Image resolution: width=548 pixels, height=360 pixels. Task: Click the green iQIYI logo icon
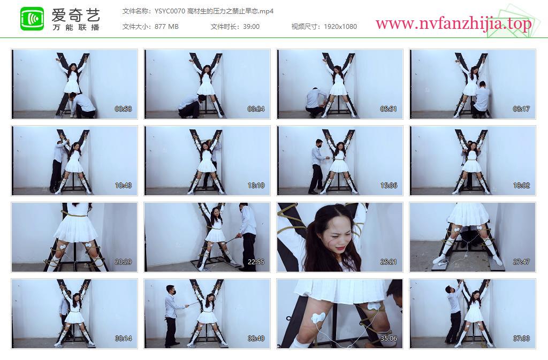32,19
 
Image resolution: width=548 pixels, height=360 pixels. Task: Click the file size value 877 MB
166,27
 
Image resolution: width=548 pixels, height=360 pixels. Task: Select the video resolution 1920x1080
340,27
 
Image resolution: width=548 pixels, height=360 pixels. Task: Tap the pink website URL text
453,24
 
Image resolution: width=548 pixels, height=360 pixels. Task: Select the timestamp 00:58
124,109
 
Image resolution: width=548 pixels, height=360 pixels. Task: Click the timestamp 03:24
256,109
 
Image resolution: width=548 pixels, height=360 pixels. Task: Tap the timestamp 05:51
389,109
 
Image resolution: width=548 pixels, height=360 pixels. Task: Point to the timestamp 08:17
521,109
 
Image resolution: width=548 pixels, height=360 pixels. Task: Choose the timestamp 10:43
124,186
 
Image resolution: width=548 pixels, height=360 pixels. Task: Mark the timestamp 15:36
389,186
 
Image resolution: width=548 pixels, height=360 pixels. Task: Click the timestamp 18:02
521,186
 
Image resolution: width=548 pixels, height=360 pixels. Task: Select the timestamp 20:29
124,262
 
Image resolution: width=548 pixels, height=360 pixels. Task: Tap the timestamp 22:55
256,262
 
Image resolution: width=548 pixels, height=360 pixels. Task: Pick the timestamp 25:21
389,262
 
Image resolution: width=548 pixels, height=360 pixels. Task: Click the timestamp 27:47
521,262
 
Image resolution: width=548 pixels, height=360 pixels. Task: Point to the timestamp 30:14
124,339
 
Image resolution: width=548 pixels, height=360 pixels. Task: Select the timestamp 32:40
256,339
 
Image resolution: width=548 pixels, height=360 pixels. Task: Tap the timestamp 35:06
389,339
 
